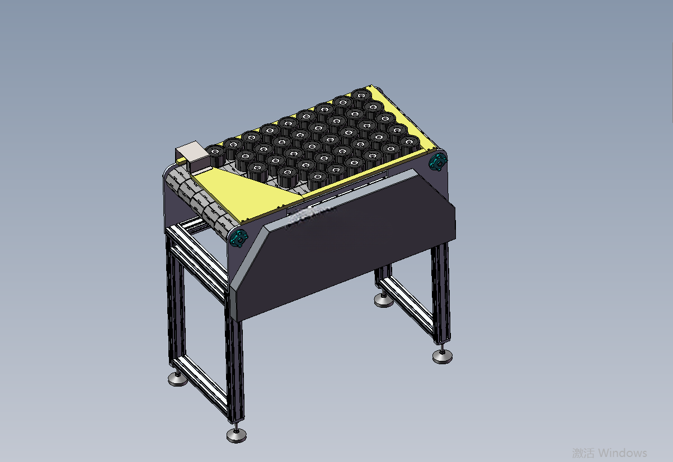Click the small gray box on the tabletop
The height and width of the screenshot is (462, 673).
tap(192, 156)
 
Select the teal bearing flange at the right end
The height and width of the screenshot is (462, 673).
tap(437, 163)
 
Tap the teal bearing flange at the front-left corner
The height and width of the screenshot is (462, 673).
tap(239, 239)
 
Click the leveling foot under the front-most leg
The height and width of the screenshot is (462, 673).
tap(237, 435)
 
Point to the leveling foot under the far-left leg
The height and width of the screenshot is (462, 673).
tap(177, 379)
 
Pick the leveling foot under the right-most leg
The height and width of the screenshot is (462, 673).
tap(443, 356)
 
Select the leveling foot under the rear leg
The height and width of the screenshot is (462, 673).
tap(384, 301)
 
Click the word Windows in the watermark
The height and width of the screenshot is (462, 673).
tap(622, 453)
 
